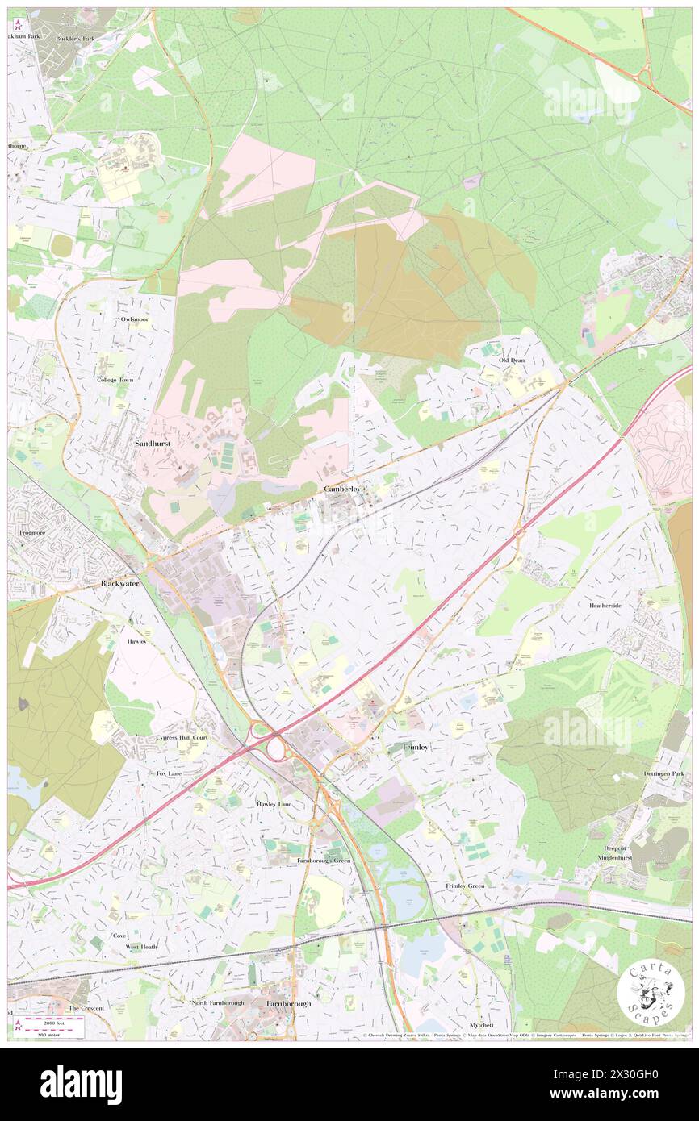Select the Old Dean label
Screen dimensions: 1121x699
click(512, 360)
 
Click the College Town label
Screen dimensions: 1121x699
click(115, 379)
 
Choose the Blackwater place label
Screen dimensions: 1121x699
click(120, 582)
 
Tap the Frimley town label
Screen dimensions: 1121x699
click(415, 748)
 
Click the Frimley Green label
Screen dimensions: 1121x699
click(465, 886)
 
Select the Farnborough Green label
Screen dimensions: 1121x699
click(324, 861)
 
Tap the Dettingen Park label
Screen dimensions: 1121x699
click(663, 774)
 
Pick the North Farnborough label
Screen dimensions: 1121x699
click(217, 1002)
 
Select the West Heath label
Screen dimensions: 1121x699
click(141, 947)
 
